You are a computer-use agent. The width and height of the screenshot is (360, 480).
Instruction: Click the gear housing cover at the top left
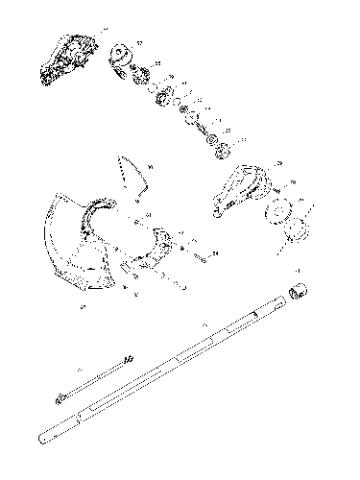coord(67,59)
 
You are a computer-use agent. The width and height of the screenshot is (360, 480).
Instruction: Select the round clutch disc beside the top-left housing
coord(122,58)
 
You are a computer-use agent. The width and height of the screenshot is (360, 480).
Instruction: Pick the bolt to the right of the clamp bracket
coord(204,255)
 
